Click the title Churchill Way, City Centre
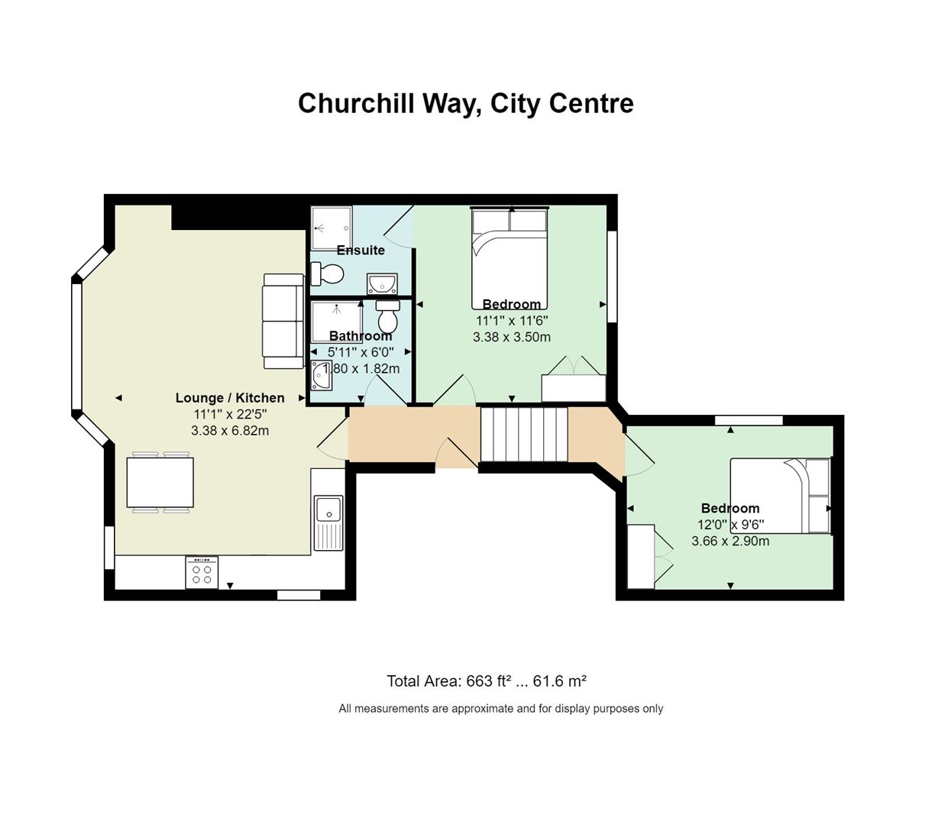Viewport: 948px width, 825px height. point(466,103)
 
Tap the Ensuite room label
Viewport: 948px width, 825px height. point(361,250)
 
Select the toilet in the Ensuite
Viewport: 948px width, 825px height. point(327,273)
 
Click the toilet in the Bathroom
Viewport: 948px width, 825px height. point(388,315)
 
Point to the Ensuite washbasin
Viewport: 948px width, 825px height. point(382,283)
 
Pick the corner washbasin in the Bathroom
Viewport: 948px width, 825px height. point(321,375)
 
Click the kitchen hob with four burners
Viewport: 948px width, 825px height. point(202,573)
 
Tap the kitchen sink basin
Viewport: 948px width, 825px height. point(328,510)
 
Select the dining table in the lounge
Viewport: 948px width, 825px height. point(160,482)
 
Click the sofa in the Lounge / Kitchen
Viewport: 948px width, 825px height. point(283,321)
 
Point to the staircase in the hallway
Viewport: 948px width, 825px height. point(524,435)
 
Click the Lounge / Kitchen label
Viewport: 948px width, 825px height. point(230,398)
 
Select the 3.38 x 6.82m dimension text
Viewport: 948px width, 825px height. point(230,431)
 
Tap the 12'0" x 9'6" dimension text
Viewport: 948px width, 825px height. point(731,525)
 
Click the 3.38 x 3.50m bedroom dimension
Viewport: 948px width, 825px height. point(512,337)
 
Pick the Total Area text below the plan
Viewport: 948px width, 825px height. point(487,681)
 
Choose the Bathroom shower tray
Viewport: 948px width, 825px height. point(337,322)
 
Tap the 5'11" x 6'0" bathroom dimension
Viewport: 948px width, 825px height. point(361,352)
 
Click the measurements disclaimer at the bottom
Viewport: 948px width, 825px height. point(501,709)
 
